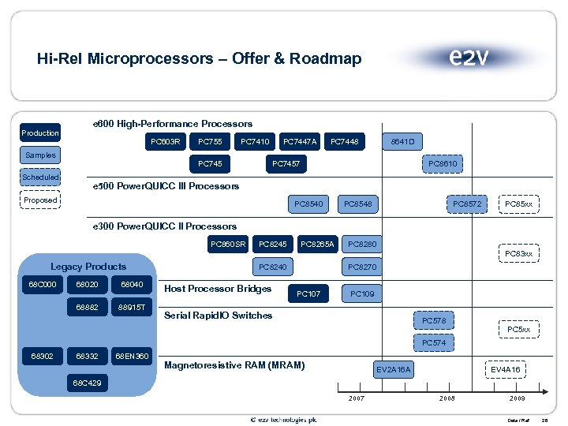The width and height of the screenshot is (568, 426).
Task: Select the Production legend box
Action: (40, 133)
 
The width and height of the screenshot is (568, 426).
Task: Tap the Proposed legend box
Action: (40, 200)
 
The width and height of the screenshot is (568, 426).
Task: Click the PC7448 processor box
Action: (344, 142)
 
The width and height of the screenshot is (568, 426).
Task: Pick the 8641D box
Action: (403, 142)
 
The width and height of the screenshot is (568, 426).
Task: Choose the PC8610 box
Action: (443, 163)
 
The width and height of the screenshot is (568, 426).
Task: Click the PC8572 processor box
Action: (467, 204)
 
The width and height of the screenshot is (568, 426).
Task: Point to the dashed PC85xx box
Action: (519, 204)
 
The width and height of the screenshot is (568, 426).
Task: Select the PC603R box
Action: (166, 142)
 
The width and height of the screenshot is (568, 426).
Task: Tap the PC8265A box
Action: (318, 245)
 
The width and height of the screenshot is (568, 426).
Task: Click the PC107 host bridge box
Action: (308, 293)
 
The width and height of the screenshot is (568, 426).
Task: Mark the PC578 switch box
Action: (434, 321)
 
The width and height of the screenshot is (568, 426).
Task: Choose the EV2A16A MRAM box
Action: (393, 369)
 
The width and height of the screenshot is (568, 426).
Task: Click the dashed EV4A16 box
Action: (505, 369)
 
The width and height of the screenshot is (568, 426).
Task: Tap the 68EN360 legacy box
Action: (132, 357)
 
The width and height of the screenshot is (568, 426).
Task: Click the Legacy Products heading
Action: (88, 267)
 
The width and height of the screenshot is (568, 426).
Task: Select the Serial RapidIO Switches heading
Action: (218, 316)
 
